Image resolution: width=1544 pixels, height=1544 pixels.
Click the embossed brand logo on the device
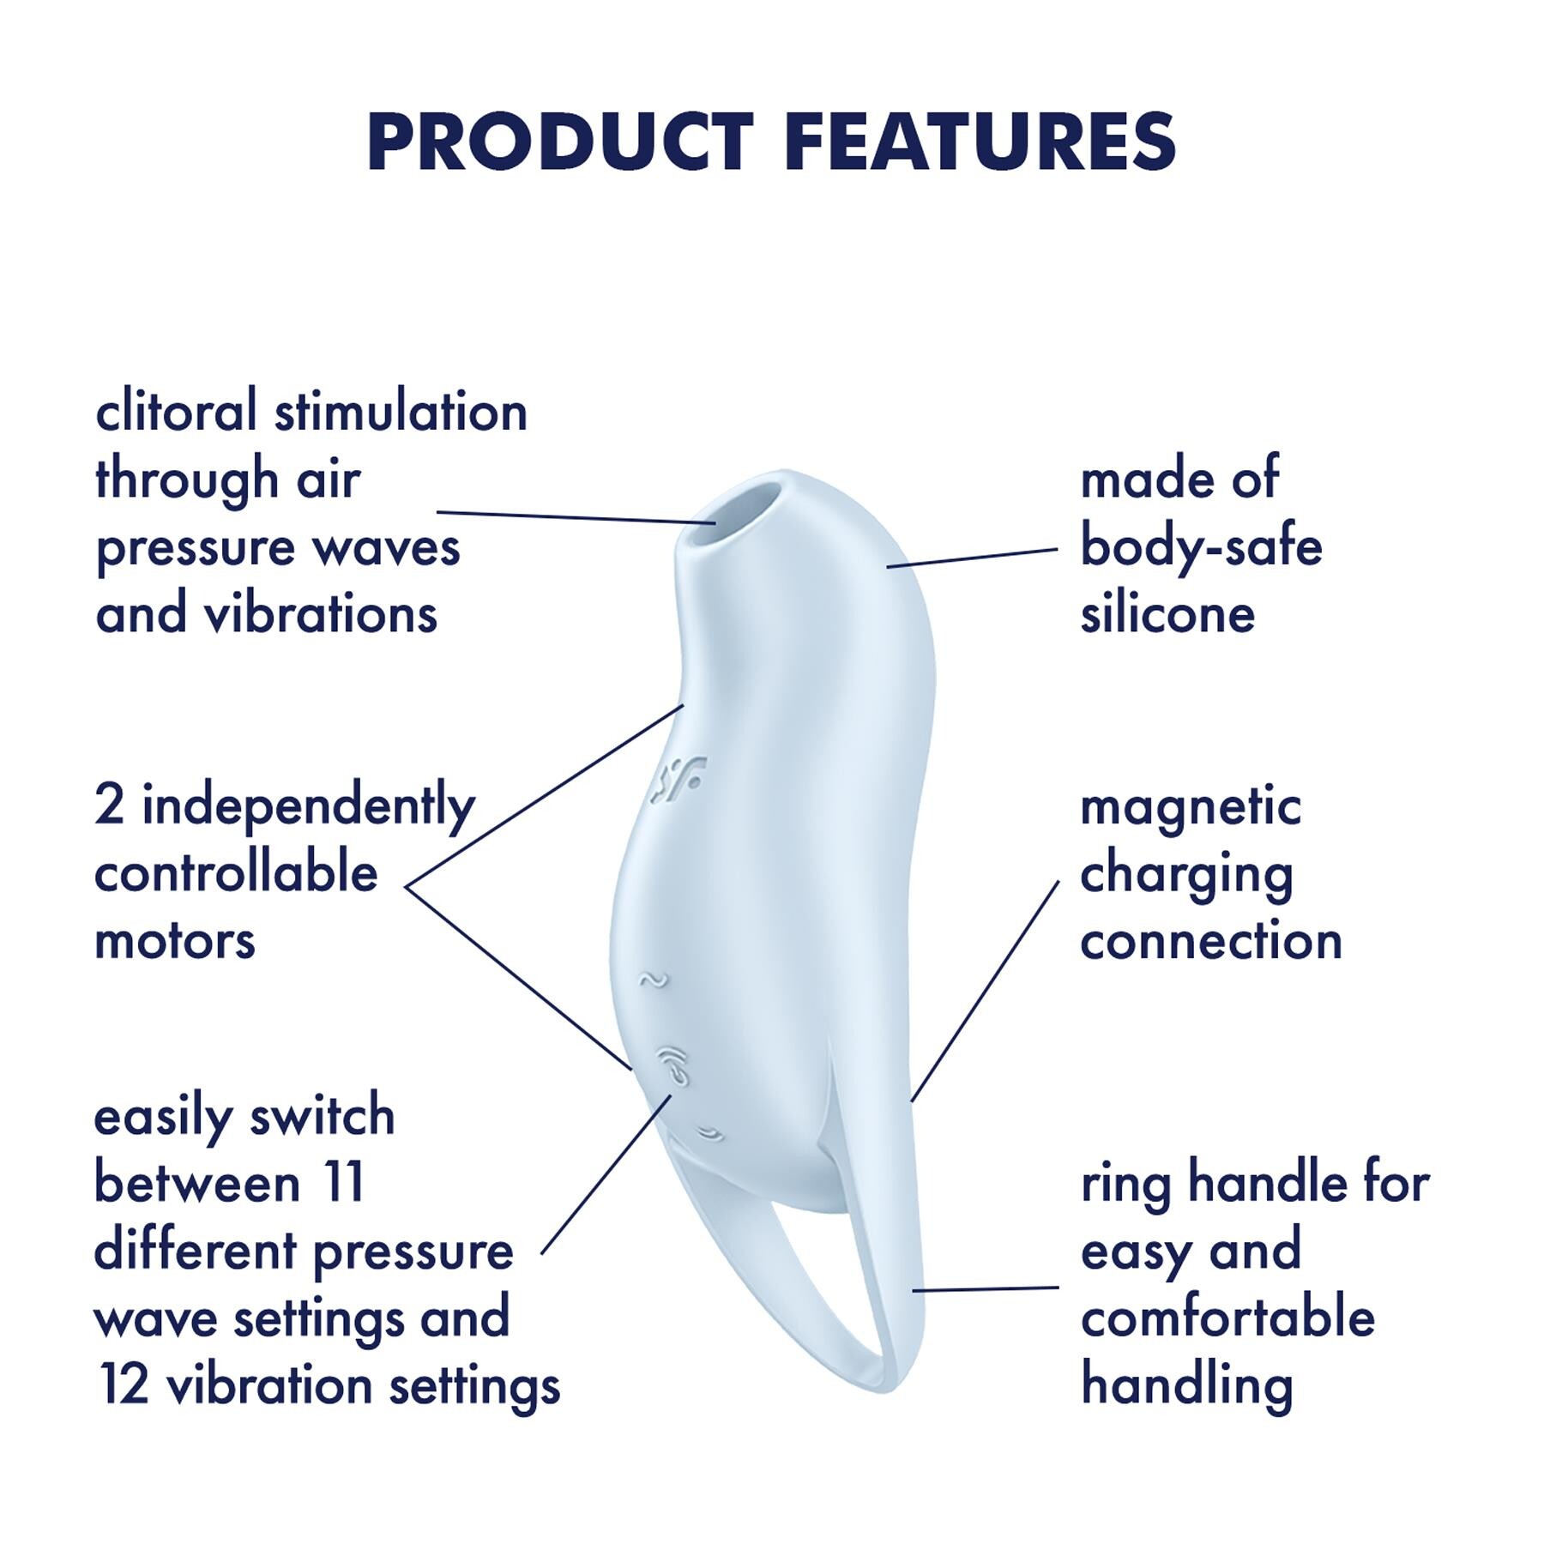[677, 778]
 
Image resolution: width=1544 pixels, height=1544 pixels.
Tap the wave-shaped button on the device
[654, 979]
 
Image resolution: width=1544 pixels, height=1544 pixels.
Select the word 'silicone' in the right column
[1167, 615]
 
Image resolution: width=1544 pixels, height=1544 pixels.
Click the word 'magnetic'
[1191, 807]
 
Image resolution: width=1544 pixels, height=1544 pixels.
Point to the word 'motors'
[175, 941]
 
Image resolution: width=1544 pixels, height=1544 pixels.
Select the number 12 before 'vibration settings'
[124, 1384]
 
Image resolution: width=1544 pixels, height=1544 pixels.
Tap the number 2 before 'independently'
[109, 806]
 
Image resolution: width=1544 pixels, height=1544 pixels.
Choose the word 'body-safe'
[1201, 546]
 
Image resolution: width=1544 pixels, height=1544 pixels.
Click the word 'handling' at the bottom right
[1186, 1386]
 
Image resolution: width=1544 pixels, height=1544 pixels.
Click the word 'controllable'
[236, 874]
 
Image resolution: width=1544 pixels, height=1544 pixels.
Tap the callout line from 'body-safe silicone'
[972, 558]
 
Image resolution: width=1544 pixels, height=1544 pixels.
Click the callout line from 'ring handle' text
[986, 1288]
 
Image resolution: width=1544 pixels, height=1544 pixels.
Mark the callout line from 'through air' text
[575, 517]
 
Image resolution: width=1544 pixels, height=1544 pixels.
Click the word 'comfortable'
[1227, 1318]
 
